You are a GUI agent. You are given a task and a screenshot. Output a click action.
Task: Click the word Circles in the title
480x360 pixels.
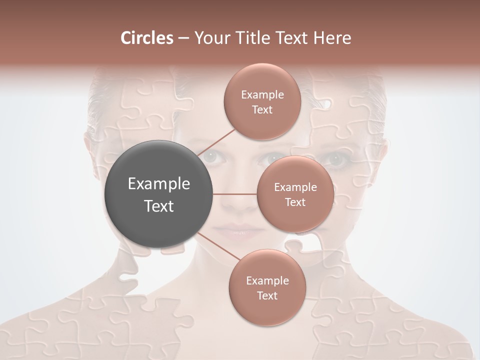(x=146, y=38)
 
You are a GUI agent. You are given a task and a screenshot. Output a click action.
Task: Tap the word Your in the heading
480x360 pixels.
(x=212, y=38)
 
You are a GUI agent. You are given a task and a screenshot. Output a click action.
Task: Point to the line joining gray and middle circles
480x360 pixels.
(x=235, y=194)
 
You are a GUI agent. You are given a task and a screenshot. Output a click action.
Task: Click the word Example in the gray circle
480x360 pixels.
(x=159, y=184)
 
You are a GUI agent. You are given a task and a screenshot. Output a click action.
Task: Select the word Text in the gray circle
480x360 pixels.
(x=159, y=206)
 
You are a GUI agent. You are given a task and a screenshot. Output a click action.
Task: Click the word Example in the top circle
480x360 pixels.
(x=262, y=94)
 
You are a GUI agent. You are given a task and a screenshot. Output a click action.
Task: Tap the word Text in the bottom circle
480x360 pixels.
(x=267, y=295)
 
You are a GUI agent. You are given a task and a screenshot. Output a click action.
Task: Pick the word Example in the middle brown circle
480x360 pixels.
(x=295, y=187)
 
